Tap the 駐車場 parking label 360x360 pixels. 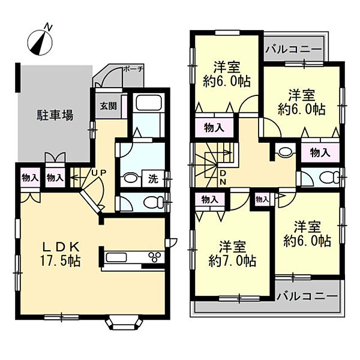click(x=55, y=115)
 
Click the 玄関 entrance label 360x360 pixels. click(x=109, y=106)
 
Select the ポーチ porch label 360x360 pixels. click(x=133, y=69)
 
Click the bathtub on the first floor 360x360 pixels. click(x=149, y=103)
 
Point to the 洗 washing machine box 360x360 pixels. click(x=153, y=179)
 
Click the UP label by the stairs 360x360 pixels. click(x=99, y=172)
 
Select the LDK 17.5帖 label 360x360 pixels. click(x=61, y=253)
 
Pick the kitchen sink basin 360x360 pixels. click(x=116, y=257)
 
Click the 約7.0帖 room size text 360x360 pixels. click(x=232, y=261)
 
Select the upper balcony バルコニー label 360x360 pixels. click(x=294, y=49)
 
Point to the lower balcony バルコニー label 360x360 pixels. click(x=307, y=296)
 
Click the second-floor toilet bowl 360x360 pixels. click(x=330, y=178)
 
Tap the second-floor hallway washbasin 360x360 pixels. click(x=285, y=152)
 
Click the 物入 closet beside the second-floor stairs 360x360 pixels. click(x=214, y=128)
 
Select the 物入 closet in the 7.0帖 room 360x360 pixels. click(x=209, y=200)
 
